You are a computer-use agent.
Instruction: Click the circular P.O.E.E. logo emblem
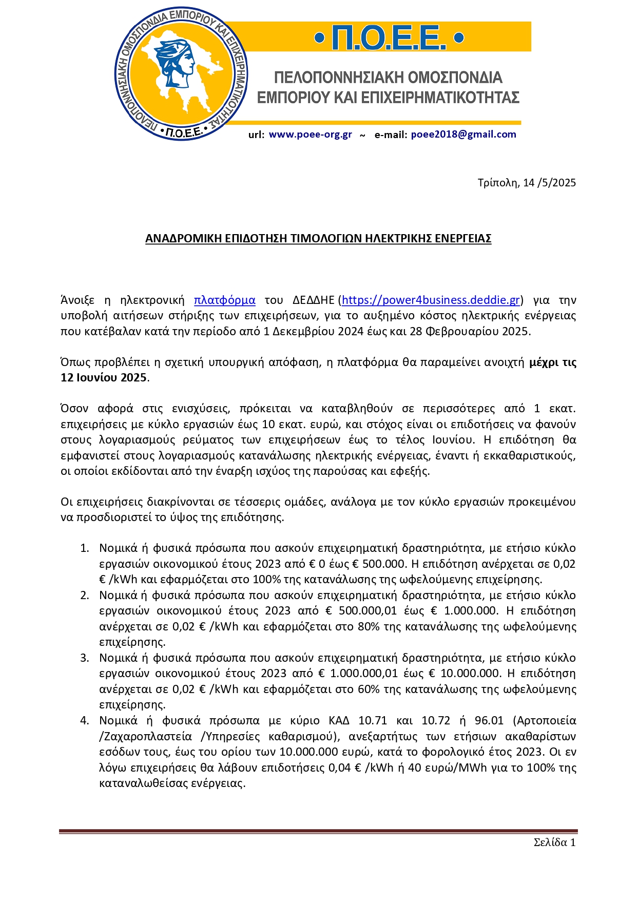pyautogui.click(x=181, y=74)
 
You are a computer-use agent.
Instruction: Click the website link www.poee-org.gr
pyautogui.click(x=310, y=135)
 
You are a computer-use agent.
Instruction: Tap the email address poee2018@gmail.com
pyautogui.click(x=464, y=135)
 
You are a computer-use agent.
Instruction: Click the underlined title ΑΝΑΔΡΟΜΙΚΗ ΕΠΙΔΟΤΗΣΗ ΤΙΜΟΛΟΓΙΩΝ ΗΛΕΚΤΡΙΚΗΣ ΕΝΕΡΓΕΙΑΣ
pyautogui.click(x=318, y=238)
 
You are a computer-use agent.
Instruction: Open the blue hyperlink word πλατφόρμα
pyautogui.click(x=224, y=300)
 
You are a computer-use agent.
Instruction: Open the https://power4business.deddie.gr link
pyautogui.click(x=431, y=300)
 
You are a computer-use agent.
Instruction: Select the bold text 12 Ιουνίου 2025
pyautogui.click(x=104, y=378)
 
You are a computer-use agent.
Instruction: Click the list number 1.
pyautogui.click(x=85, y=548)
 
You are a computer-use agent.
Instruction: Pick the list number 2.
pyautogui.click(x=85, y=596)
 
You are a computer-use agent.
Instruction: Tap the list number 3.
pyautogui.click(x=85, y=658)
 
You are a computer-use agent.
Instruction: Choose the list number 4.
pyautogui.click(x=85, y=721)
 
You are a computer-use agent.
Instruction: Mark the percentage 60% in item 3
pyautogui.click(x=369, y=689)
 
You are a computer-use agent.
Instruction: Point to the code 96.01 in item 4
pyautogui.click(x=490, y=721)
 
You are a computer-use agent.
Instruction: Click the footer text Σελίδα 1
pyautogui.click(x=554, y=842)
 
